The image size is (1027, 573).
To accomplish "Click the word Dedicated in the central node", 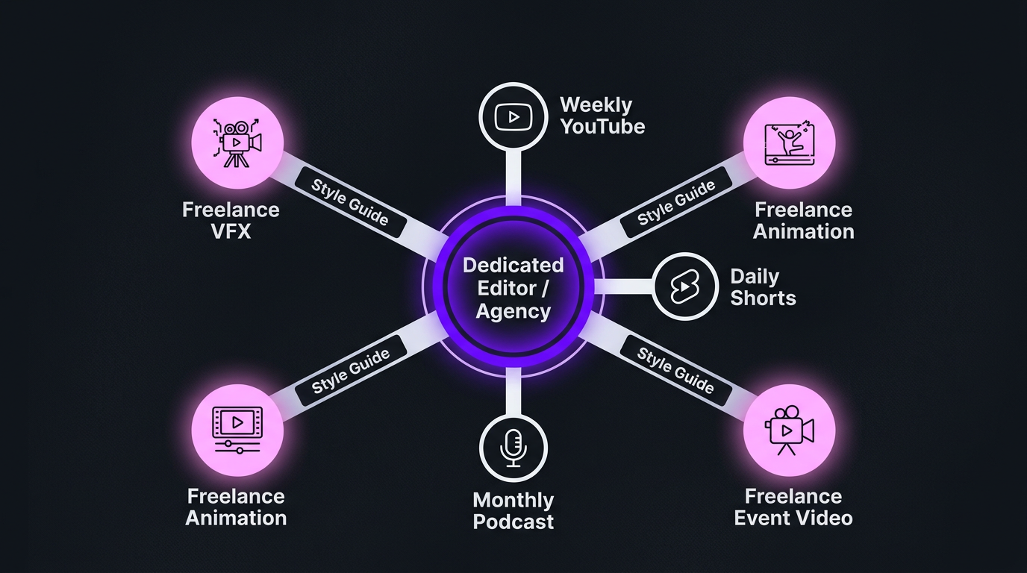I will (513, 266).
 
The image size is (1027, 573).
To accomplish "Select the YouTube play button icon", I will (513, 116).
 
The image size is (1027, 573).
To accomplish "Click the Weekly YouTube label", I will (602, 116).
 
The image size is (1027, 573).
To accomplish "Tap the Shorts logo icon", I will (685, 286).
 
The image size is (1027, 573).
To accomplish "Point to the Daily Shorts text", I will (762, 287).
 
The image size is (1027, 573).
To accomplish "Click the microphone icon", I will (513, 448).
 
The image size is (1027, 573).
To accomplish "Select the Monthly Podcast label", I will (513, 510).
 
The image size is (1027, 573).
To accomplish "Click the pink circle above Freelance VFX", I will (237, 142).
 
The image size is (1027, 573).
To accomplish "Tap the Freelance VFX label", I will (231, 220).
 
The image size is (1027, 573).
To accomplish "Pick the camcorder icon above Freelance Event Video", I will (789, 430).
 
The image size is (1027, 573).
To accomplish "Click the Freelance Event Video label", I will (793, 507).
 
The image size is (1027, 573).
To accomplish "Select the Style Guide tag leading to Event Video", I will (675, 370).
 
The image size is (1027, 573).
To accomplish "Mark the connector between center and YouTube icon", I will (513, 176).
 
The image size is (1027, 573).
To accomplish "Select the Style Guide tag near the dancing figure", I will (676, 202).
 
